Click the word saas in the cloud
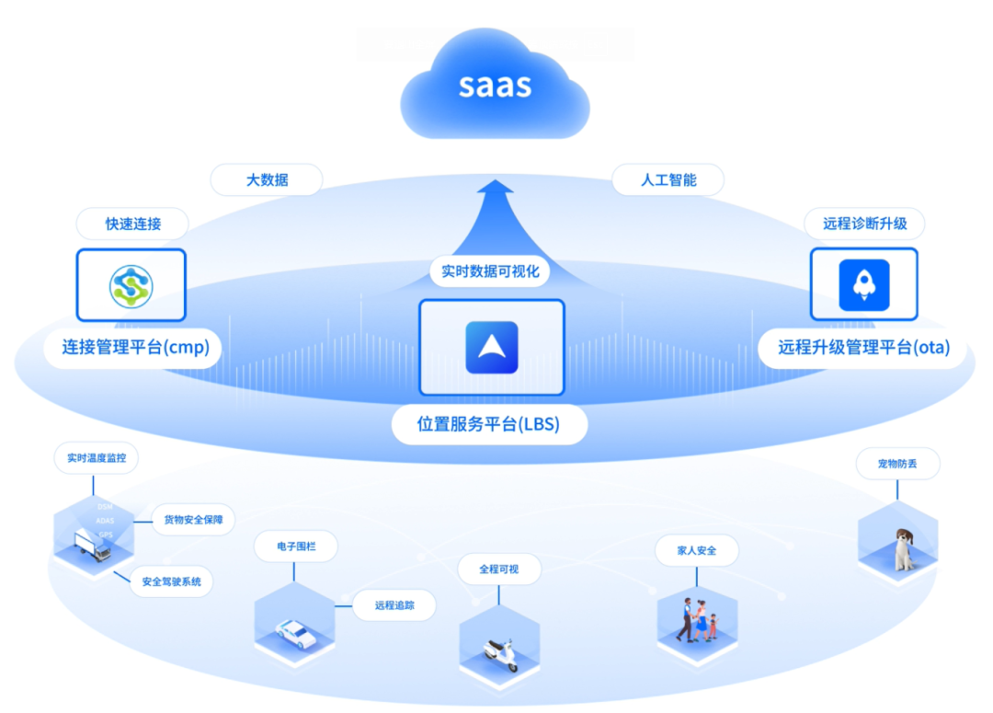(495, 86)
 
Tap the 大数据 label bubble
(267, 180)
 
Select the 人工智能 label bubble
(668, 180)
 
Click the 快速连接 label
(132, 224)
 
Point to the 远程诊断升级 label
(864, 224)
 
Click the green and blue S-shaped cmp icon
(131, 285)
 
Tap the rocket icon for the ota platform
(863, 285)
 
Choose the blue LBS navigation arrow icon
(492, 347)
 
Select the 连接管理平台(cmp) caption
(136, 348)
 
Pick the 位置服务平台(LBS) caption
(488, 424)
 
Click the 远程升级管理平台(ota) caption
(863, 348)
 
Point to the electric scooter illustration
(500, 654)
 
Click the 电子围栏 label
(295, 546)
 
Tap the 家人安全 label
(696, 550)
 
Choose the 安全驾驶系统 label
(172, 581)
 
